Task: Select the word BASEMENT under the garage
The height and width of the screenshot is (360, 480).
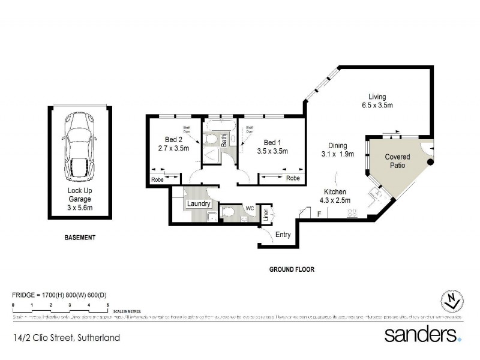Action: pyautogui.click(x=80, y=238)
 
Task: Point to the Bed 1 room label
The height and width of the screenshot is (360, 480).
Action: pyautogui.click(x=272, y=146)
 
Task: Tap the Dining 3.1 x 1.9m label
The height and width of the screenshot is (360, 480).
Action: pyautogui.click(x=337, y=149)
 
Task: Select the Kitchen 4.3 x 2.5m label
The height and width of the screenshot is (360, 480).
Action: pyautogui.click(x=334, y=196)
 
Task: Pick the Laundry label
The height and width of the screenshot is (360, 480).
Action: pyautogui.click(x=199, y=204)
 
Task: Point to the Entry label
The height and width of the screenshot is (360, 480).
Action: pyautogui.click(x=283, y=235)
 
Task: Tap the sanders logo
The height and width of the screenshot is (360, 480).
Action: pyautogui.click(x=422, y=334)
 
